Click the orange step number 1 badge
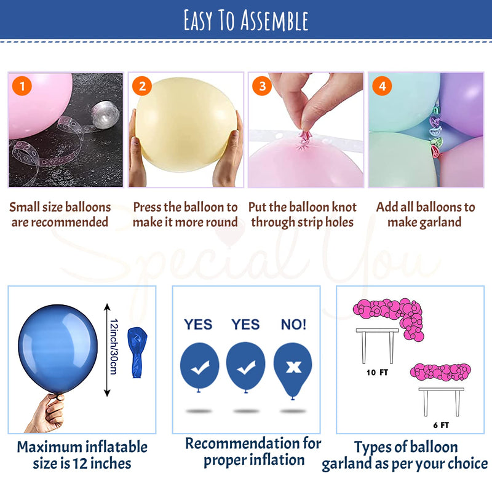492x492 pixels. tap(22, 86)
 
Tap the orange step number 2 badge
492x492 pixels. tap(141, 86)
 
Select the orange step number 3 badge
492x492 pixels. tap(262, 86)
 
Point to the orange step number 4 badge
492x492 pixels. tap(382, 86)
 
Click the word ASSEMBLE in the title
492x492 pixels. tap(274, 20)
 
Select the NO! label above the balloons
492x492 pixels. tap(293, 324)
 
